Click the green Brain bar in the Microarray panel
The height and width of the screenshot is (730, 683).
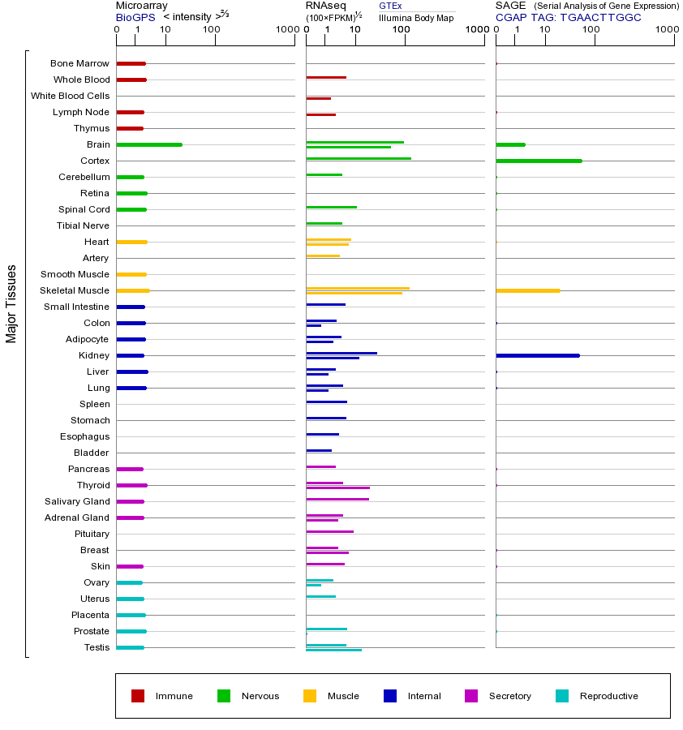coord(149,144)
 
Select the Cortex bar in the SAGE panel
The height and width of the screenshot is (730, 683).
coord(539,161)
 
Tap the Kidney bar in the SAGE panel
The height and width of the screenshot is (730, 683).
coord(537,355)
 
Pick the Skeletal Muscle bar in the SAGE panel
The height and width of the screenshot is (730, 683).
coord(527,290)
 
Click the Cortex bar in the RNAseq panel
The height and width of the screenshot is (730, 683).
coord(358,158)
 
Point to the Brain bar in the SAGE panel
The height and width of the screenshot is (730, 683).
coord(510,144)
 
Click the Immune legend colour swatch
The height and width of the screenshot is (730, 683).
coord(138,696)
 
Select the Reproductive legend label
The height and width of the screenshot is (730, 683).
coord(608,696)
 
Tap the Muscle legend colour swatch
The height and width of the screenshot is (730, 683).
coord(310,696)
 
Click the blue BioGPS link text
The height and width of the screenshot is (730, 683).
coord(134,17)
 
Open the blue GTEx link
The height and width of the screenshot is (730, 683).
coord(390,6)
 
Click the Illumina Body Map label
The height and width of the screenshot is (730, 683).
coord(416,17)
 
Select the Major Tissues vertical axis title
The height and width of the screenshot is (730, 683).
coord(11,303)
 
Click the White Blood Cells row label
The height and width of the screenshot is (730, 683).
coord(70,96)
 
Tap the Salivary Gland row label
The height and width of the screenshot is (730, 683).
coord(77,501)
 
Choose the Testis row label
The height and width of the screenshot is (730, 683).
coord(97,647)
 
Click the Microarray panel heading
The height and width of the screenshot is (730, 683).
coord(141,6)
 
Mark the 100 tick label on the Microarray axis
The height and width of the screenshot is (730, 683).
coord(212,30)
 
